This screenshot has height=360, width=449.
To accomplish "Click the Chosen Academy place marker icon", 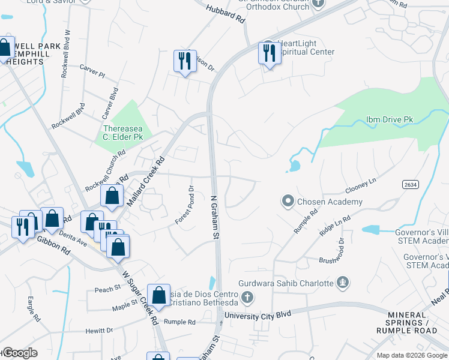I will [288, 201].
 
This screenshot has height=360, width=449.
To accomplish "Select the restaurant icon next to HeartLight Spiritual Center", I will [268, 53].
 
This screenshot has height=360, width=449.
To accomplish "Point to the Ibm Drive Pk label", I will [390, 119].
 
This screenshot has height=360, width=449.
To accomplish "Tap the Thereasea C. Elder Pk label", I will [123, 133].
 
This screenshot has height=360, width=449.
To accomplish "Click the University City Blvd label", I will [258, 314].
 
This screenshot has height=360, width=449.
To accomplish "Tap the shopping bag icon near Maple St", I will [158, 295].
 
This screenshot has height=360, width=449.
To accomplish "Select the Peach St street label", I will [107, 290].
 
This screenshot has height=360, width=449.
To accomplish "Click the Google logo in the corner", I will [20, 353].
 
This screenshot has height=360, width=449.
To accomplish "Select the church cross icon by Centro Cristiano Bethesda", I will [246, 297].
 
